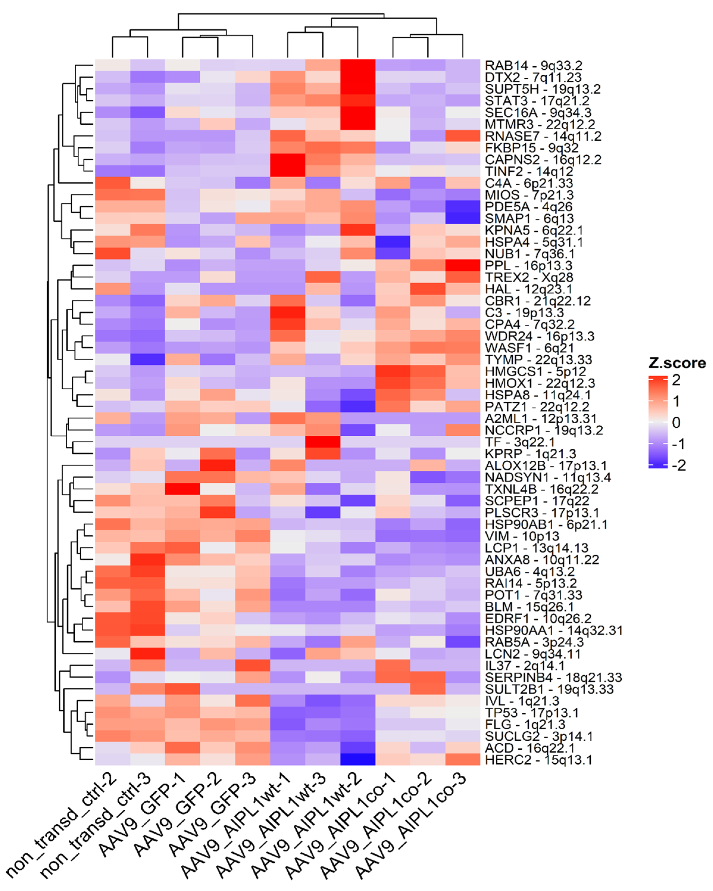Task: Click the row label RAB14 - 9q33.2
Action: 533,65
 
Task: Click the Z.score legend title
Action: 677,363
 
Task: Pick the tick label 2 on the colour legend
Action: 676,380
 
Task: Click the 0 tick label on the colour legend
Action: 676,422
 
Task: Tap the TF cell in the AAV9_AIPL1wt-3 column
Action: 322,442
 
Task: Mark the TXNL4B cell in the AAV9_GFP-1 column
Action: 182,489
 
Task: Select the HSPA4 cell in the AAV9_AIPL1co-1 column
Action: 393,242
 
